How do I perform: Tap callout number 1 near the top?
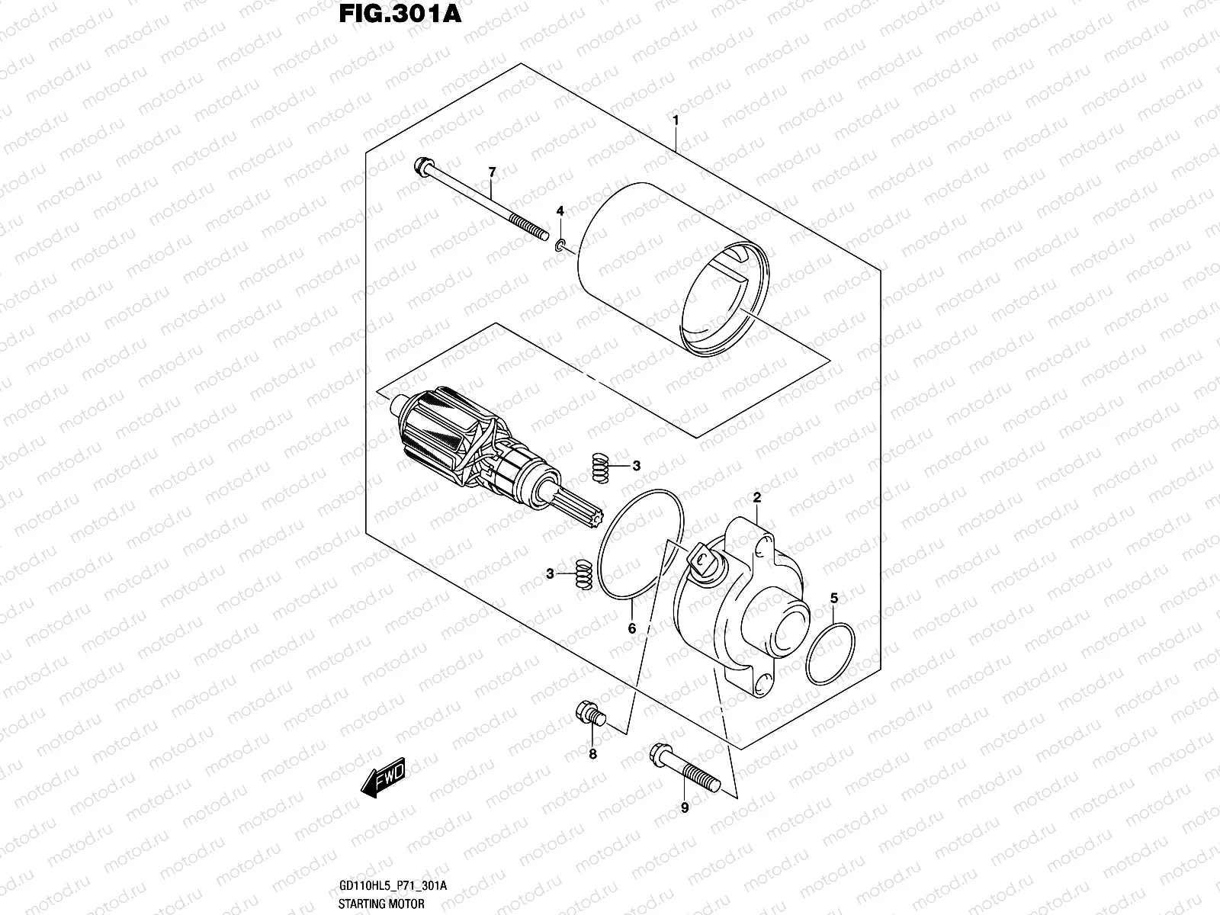676,120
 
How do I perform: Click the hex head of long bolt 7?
421,166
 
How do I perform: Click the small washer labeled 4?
560,245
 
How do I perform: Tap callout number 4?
560,210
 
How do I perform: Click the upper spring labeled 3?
601,467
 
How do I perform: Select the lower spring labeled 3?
583,574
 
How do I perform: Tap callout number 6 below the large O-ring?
632,629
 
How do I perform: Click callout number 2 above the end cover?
757,498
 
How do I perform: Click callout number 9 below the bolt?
684,807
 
